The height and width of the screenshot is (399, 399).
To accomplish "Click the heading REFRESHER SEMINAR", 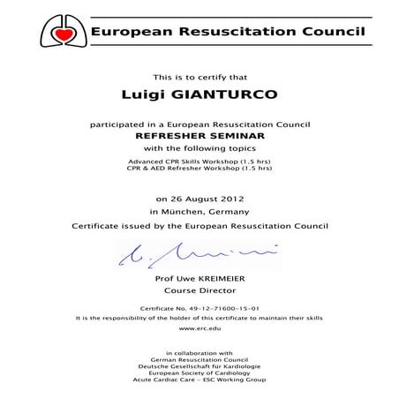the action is point(198,137).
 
